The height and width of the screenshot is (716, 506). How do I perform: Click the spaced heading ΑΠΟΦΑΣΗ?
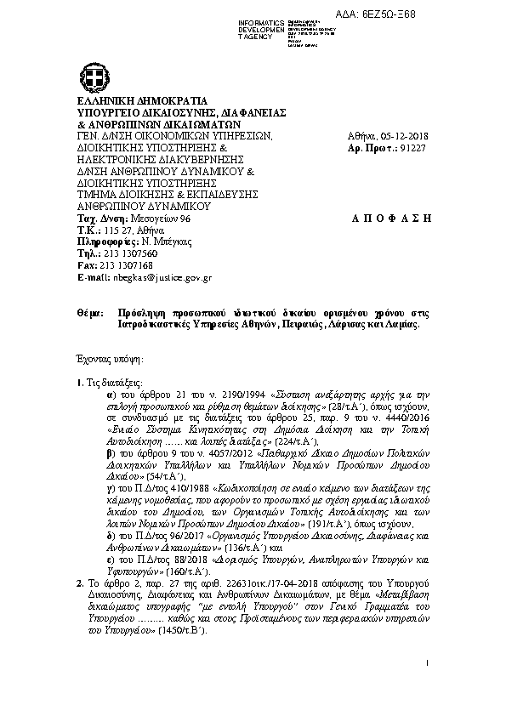tap(391, 219)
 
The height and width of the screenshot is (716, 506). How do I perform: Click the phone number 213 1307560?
tap(128, 253)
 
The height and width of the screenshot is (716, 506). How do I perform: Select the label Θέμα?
tap(88, 313)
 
